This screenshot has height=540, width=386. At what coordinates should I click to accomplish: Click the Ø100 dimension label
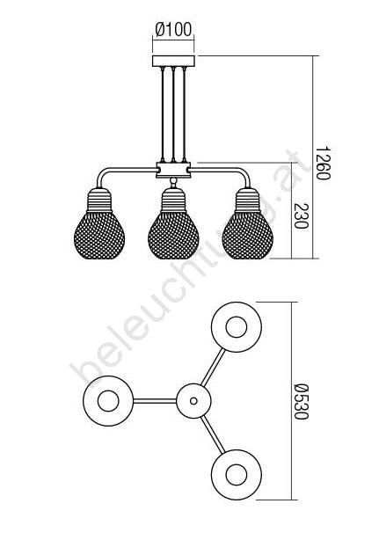tap(173, 29)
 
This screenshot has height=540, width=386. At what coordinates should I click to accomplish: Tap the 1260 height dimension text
tap(323, 163)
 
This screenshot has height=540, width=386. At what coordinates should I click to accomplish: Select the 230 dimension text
tap(301, 216)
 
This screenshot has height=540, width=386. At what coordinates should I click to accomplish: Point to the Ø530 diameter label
tap(301, 402)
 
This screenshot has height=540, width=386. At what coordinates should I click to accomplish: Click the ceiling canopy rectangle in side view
tap(173, 61)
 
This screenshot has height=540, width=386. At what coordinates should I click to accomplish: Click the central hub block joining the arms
tap(173, 170)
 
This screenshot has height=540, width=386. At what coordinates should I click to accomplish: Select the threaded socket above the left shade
tap(99, 201)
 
